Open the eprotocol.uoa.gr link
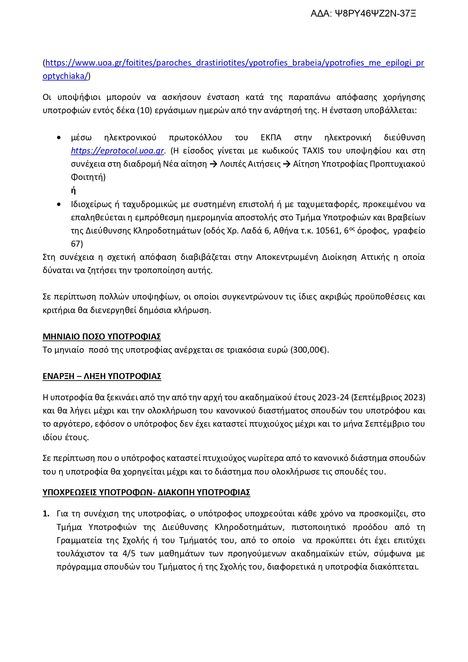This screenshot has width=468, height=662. point(117,151)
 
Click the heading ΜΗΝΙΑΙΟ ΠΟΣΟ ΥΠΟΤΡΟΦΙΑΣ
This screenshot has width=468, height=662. point(102,336)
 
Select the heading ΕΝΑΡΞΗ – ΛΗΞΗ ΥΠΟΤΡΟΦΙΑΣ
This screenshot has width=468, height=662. point(102,376)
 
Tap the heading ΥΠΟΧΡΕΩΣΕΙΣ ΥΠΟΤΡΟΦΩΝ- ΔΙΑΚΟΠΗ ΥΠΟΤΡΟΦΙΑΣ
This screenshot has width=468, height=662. point(146,493)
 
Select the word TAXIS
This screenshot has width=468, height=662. point(313,151)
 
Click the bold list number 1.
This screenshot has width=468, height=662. point(46,514)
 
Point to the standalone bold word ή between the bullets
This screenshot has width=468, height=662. point(73,191)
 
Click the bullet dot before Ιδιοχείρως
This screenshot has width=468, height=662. point(58,204)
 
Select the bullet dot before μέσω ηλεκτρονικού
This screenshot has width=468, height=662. point(58,138)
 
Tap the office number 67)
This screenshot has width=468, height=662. point(77,244)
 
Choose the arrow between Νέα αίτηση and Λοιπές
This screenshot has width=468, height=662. point(213,164)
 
